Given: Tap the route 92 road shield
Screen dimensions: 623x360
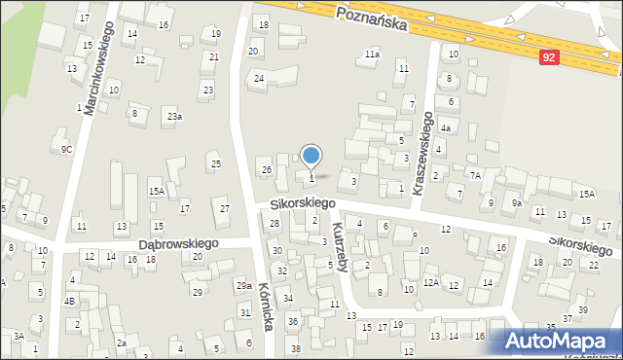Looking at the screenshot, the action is [550, 58].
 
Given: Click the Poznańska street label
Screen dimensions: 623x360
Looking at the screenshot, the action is [369, 18].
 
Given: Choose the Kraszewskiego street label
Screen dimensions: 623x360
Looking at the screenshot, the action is [424, 154].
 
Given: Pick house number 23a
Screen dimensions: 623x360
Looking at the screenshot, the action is [173, 117].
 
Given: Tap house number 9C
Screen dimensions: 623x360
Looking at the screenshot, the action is [66, 149].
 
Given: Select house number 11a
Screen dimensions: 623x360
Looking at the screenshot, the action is [372, 54].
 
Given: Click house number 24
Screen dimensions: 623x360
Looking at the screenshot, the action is [259, 78].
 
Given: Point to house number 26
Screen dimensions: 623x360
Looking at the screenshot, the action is [266, 170].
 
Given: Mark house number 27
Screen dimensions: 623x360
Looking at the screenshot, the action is [225, 209].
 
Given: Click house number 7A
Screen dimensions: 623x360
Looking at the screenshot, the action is [475, 175].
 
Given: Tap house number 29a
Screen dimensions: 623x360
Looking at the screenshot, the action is [243, 285].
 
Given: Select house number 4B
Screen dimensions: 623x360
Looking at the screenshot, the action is [69, 301].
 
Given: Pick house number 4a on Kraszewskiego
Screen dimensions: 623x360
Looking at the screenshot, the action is [445, 128].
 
